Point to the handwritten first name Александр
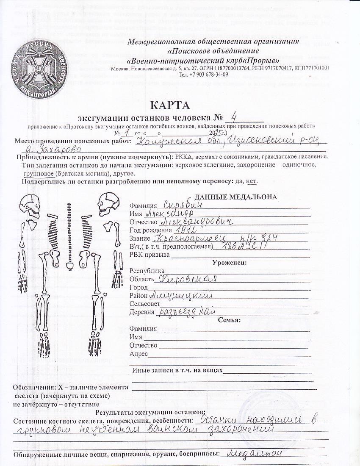[169, 212]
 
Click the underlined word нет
[252, 181]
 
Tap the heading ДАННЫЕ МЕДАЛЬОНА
[236, 197]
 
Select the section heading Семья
[229, 320]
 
